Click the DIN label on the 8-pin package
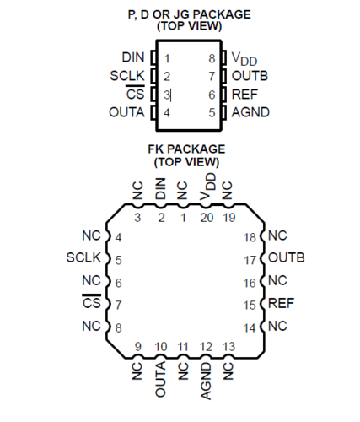click(x=133, y=57)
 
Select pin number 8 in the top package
click(x=212, y=58)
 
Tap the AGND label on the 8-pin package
click(x=250, y=112)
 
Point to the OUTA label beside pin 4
click(x=126, y=112)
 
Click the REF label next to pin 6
click(x=244, y=95)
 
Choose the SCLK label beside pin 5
click(x=83, y=257)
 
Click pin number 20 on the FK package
click(x=207, y=218)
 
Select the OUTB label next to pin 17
click(x=287, y=257)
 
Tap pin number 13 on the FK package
click(x=228, y=347)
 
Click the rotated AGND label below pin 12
click(x=206, y=381)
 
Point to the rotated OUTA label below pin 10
click(x=160, y=380)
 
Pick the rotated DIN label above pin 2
click(x=160, y=188)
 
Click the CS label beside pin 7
click(x=92, y=303)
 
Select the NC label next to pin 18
click(x=277, y=235)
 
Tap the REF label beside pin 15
click(x=281, y=303)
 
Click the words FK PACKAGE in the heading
click(x=186, y=149)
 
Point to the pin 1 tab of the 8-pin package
click(x=153, y=57)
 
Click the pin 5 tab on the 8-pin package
click(x=223, y=112)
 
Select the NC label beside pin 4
click(x=91, y=235)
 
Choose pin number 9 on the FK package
click(x=137, y=347)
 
